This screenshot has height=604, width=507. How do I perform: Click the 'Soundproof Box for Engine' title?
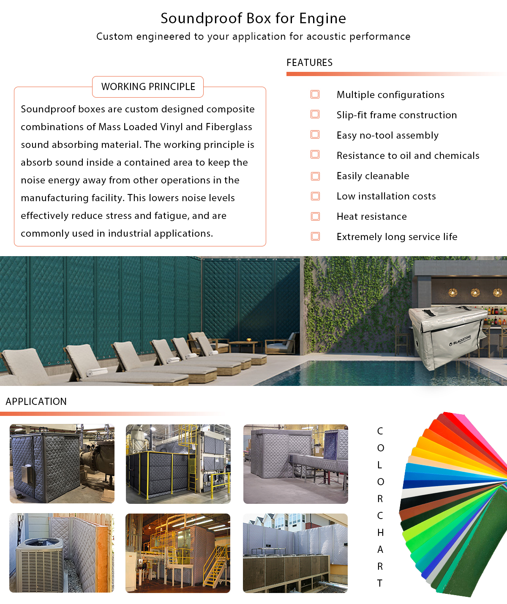(253, 19)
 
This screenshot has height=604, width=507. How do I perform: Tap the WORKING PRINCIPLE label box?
(148, 87)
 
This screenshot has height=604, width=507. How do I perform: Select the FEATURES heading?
(309, 63)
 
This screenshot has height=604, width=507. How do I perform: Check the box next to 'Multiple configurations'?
(315, 94)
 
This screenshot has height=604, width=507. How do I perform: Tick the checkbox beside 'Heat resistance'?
(315, 216)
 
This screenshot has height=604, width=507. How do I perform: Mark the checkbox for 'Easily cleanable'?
(315, 176)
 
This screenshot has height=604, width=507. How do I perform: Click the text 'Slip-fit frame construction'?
(396, 115)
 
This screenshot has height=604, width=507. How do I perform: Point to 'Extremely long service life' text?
(397, 237)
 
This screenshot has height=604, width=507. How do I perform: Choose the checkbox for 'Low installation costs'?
(315, 196)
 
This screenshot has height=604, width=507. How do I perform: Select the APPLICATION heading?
(36, 402)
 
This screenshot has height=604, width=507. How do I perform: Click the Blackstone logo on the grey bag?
(460, 340)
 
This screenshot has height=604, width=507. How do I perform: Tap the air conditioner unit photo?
(62, 553)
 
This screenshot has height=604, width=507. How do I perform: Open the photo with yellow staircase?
(178, 553)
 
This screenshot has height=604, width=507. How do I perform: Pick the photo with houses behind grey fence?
(295, 553)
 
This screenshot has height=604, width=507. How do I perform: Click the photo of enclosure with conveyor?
(295, 464)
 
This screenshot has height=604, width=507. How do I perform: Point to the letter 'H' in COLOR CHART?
(380, 533)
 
